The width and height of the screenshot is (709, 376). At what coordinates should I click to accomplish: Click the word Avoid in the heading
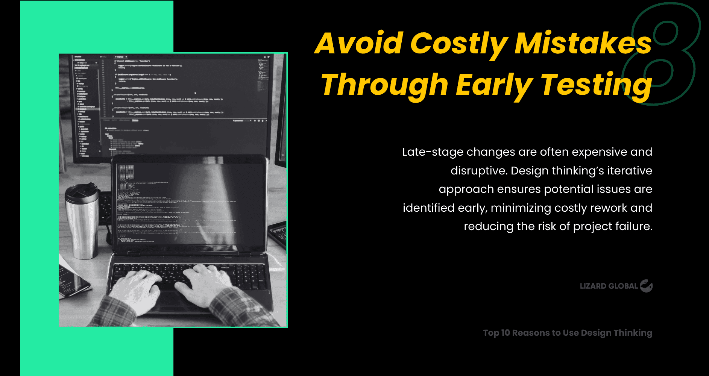click(359, 43)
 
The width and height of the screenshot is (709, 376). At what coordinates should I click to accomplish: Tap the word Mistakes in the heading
click(583, 43)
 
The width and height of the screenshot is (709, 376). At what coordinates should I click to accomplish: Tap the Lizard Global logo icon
click(646, 286)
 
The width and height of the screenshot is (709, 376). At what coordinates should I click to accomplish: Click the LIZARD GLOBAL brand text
click(609, 286)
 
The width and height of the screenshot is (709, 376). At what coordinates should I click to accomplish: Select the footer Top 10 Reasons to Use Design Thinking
click(567, 333)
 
